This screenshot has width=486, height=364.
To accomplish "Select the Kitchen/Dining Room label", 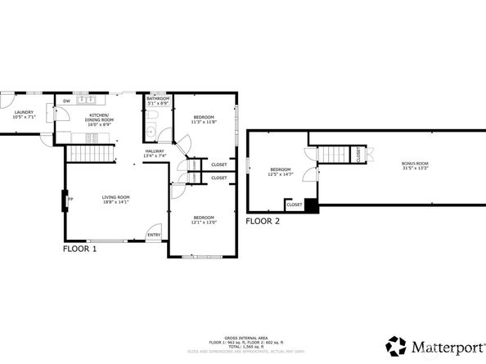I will tap(99, 118).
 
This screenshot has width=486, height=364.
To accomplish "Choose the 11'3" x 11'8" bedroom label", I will tap(204, 119).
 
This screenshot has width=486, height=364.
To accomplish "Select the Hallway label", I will tap(155, 153).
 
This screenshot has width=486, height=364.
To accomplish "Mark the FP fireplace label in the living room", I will tap(71, 200).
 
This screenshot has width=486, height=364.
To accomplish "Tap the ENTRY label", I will tap(153, 236).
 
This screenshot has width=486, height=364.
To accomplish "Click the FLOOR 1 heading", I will tap(80, 249).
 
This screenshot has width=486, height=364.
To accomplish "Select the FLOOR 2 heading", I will tap(263, 222).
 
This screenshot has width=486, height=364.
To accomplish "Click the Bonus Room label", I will tap(415, 165).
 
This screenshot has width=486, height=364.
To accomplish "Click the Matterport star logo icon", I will tap(397, 344).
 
